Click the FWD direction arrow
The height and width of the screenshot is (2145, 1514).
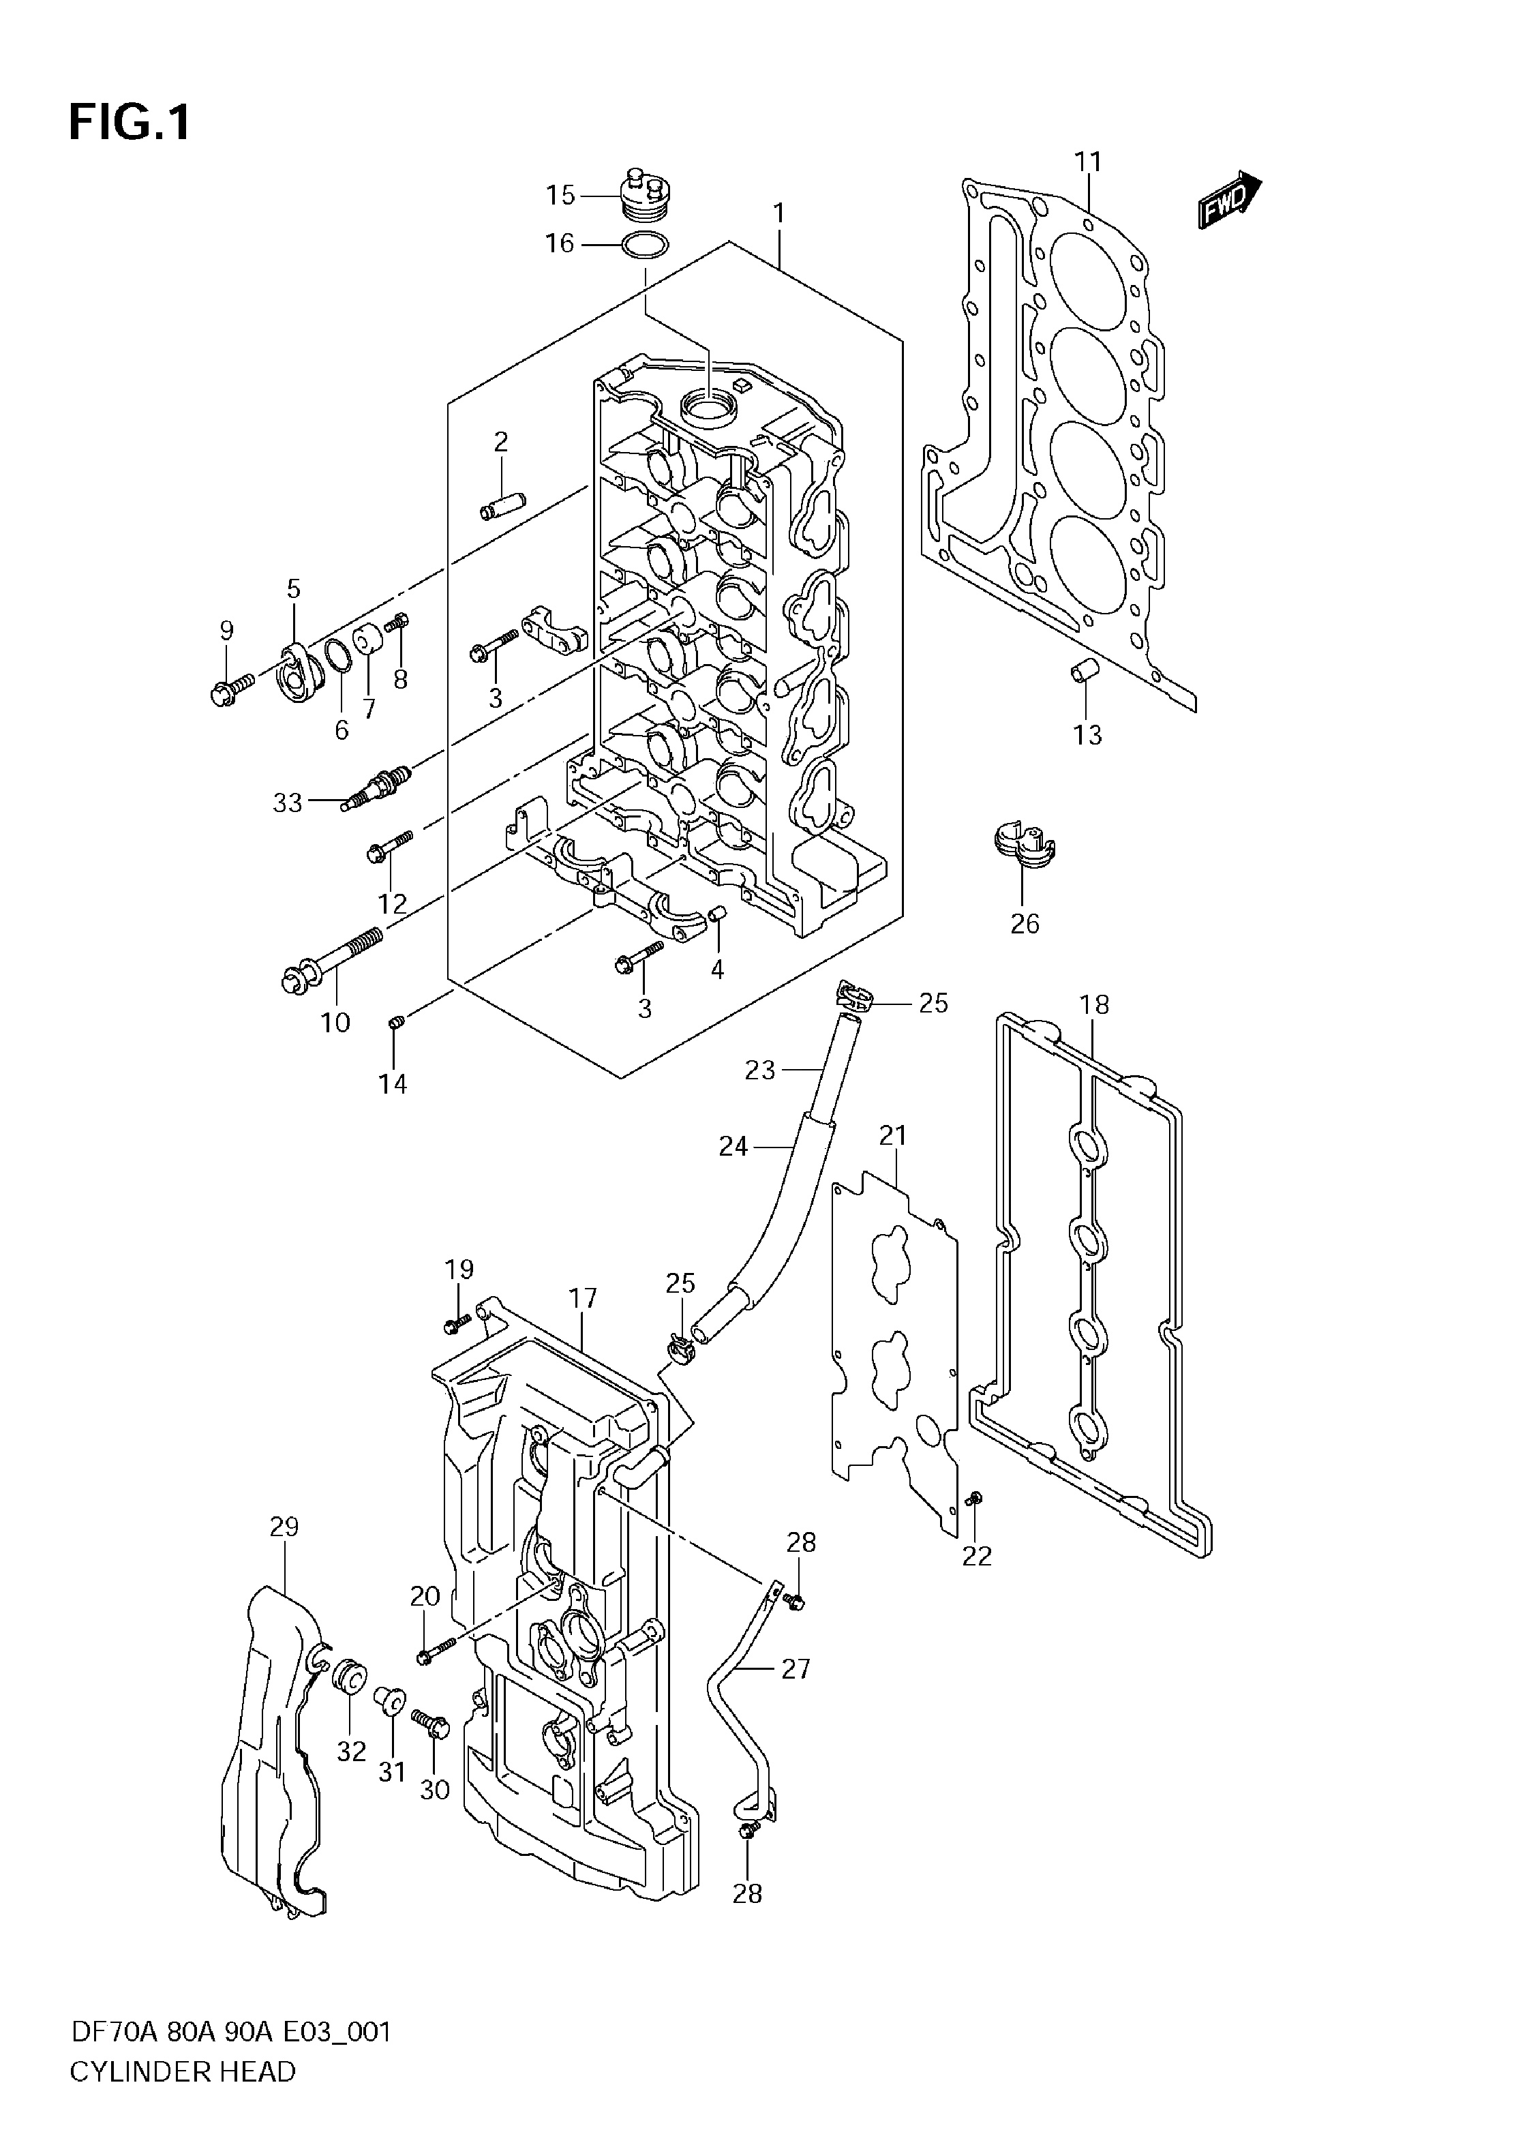pos(1229,200)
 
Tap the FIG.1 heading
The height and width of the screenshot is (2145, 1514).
pos(129,122)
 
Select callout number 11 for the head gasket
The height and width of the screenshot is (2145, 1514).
pos(1088,162)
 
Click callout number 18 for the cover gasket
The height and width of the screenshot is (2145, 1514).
pos(1095,1004)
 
